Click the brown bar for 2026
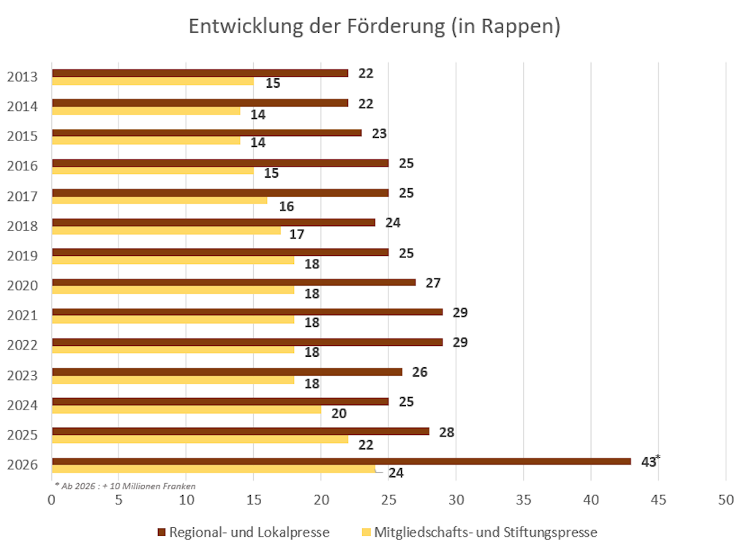tap(341, 461)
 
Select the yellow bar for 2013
tap(152, 81)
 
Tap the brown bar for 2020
tap(233, 282)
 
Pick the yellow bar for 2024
tap(187, 409)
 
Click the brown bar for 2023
tap(227, 371)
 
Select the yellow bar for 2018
tap(166, 230)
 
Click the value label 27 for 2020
tap(433, 282)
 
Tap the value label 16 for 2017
tap(286, 206)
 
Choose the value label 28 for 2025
tap(447, 432)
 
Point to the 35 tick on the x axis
tap(524, 500)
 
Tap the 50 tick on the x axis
tap(726, 500)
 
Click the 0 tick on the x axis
tap(51, 500)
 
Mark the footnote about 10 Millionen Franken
tap(125, 485)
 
